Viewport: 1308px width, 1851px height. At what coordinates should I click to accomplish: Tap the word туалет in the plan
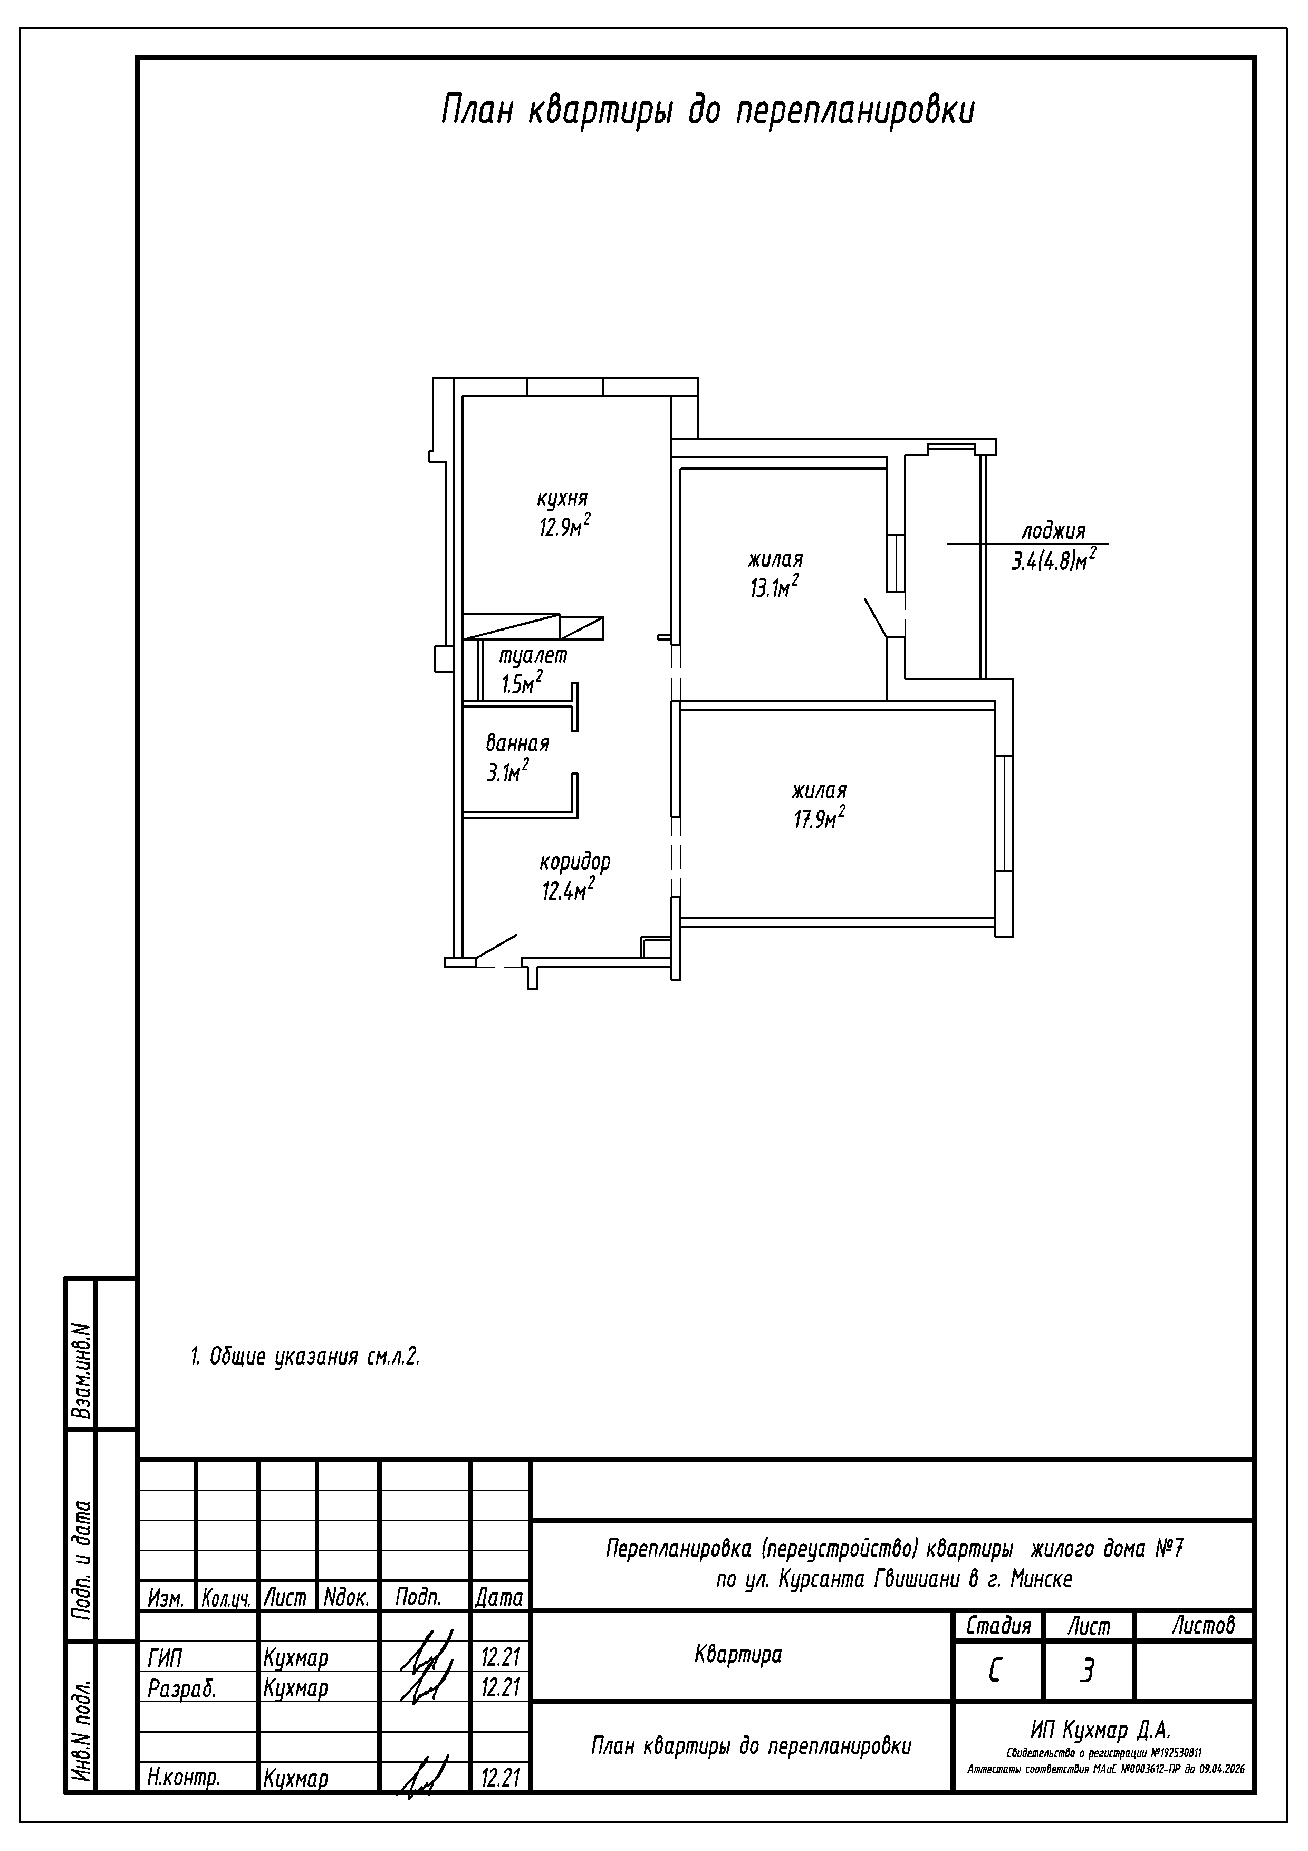click(534, 655)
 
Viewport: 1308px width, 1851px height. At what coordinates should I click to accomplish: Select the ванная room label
click(517, 742)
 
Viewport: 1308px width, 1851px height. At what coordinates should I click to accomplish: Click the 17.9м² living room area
click(819, 818)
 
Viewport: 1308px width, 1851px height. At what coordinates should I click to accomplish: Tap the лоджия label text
click(1053, 531)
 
